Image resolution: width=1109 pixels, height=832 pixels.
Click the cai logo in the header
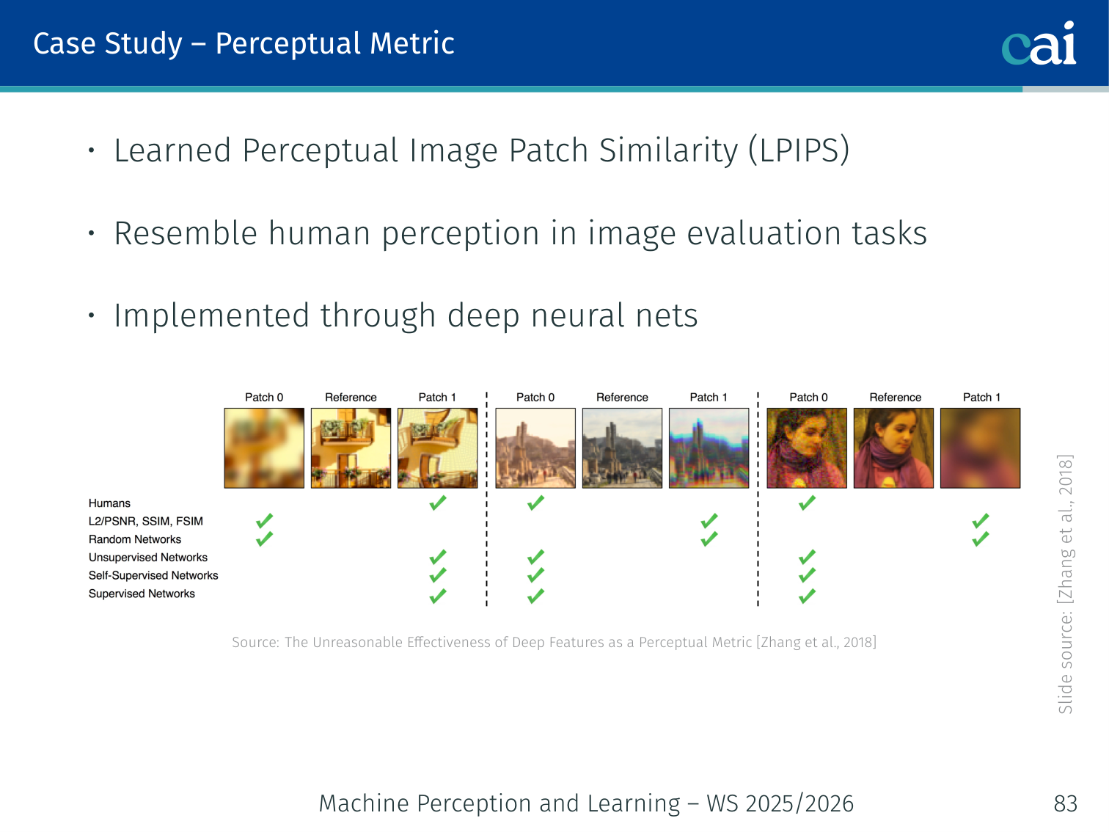(1039, 44)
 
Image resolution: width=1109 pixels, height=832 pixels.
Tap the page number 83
(1066, 803)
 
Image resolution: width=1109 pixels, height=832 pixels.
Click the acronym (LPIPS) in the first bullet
(799, 150)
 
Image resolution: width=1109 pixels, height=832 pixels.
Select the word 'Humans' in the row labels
(109, 503)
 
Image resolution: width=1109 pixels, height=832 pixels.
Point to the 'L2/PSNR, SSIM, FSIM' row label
(145, 522)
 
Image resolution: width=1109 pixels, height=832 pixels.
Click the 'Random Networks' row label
(134, 539)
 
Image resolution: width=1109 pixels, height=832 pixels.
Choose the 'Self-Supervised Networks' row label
(153, 576)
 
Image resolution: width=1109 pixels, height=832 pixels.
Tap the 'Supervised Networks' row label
(142, 594)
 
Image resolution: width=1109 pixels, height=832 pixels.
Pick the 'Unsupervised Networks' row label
(147, 558)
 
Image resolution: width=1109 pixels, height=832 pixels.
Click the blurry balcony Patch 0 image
(264, 448)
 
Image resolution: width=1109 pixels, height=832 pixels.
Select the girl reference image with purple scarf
(893, 448)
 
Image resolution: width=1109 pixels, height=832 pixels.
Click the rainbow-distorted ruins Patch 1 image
(709, 448)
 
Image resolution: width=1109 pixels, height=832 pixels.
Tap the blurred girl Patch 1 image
(980, 448)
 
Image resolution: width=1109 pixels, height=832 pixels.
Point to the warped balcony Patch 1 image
(438, 448)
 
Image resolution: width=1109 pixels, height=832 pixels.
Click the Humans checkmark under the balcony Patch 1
(438, 503)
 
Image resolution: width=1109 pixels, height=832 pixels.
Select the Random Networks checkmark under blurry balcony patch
(264, 539)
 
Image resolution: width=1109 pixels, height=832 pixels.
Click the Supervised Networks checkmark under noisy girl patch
(807, 596)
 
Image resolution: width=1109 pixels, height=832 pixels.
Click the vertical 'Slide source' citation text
(1065, 585)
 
